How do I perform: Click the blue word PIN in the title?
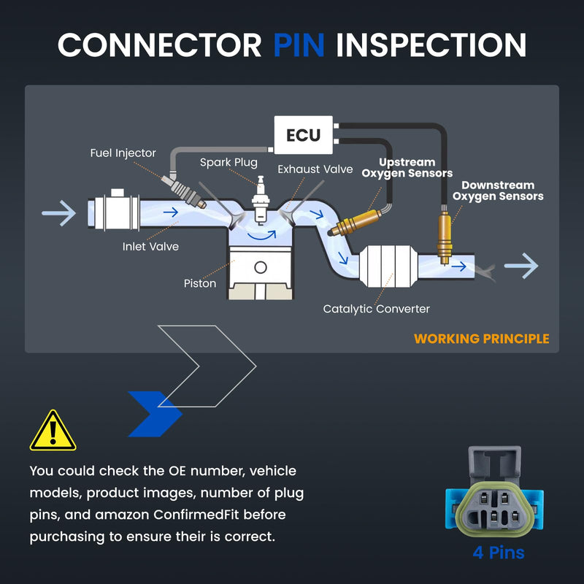tap(299, 45)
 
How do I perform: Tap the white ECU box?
tap(303, 135)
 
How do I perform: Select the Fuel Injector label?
tap(123, 153)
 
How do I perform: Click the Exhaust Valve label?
tap(315, 169)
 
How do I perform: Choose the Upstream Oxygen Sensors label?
tap(407, 168)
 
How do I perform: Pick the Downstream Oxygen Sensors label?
tap(498, 191)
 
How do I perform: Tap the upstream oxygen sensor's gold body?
tap(356, 223)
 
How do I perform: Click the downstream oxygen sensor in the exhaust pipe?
tap(445, 237)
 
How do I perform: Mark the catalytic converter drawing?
tap(388, 266)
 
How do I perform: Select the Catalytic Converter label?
tap(376, 309)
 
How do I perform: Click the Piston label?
tap(200, 283)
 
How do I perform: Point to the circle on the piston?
tap(261, 267)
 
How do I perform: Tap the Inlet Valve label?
tap(150, 247)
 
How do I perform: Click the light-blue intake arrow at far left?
tap(59, 213)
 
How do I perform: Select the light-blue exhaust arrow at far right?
tap(521, 266)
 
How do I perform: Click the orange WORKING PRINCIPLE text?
tap(482, 339)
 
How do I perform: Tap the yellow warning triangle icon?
tap(53, 431)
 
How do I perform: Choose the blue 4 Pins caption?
tap(499, 553)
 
